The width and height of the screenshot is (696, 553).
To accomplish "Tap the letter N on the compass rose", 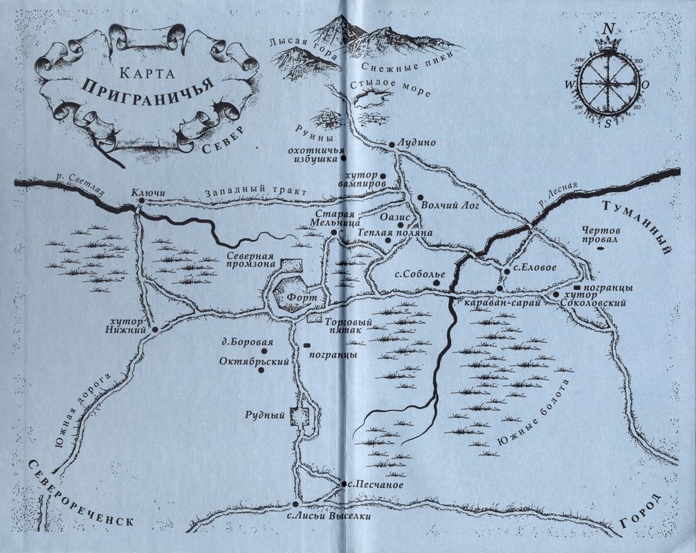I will point(607,29).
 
